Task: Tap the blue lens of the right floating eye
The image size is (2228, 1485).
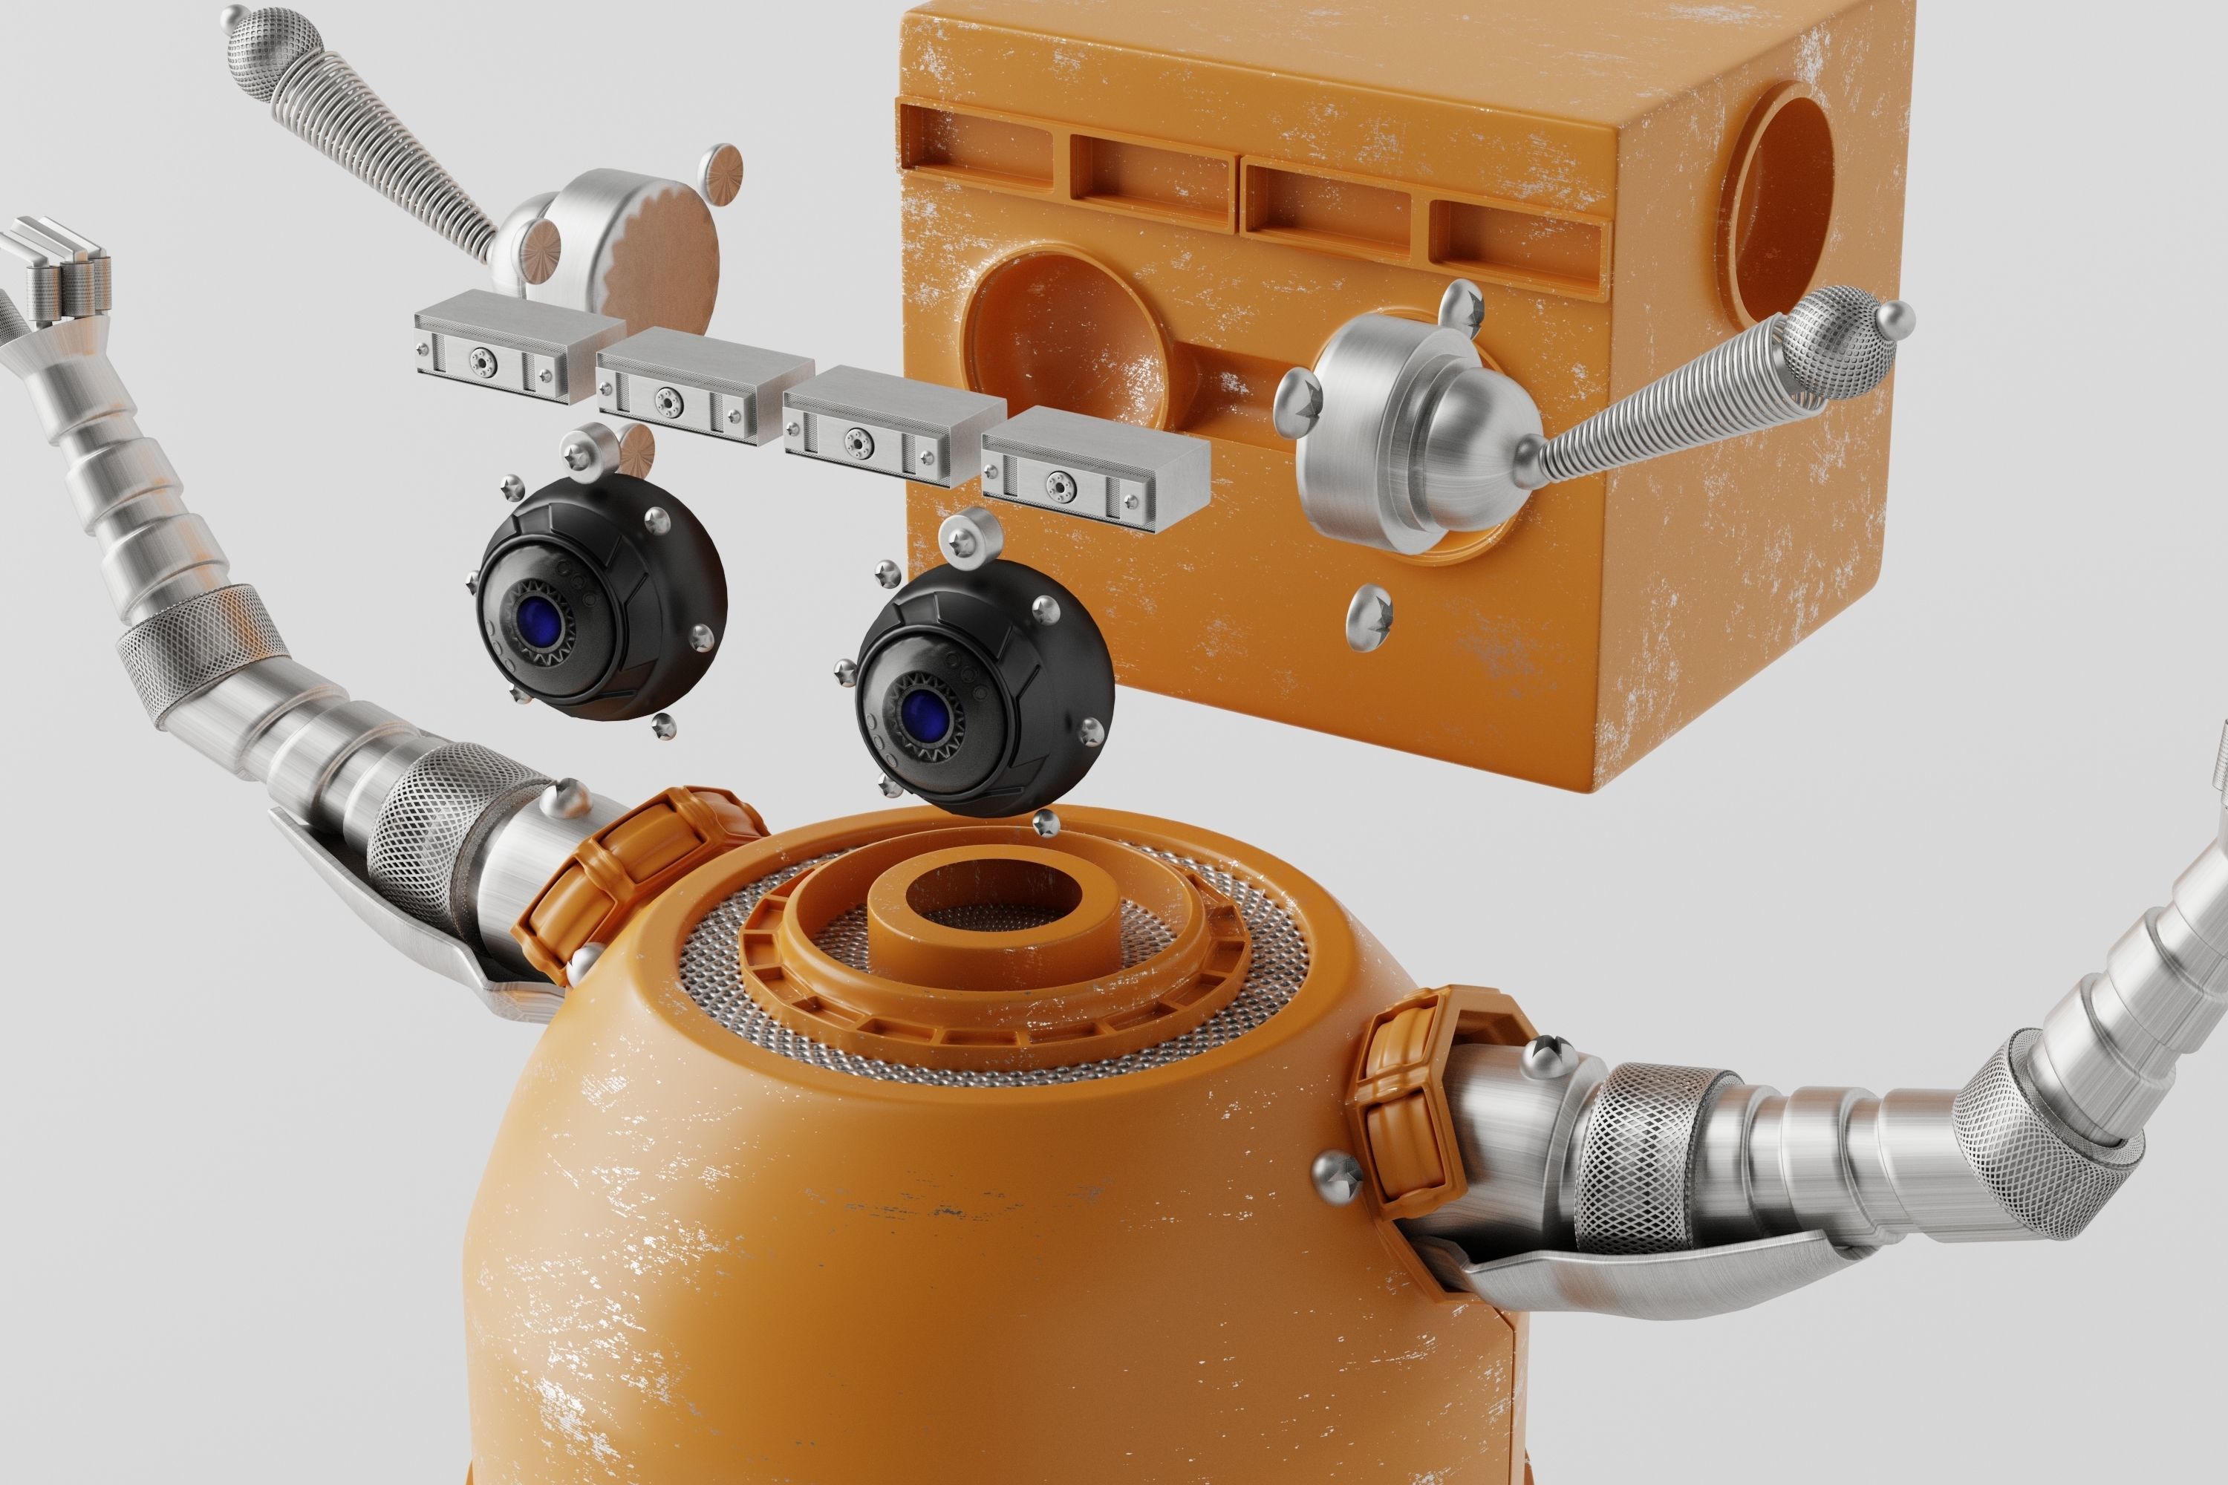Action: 921,711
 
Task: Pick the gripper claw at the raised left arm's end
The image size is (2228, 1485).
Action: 57,270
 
